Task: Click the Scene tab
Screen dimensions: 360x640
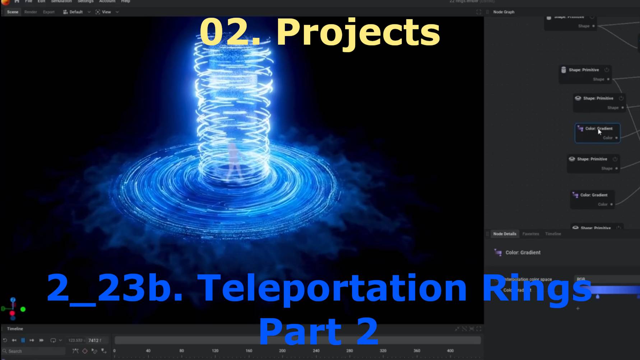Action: (x=13, y=12)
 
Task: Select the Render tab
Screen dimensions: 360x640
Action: (x=31, y=12)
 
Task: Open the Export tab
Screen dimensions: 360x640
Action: (x=48, y=12)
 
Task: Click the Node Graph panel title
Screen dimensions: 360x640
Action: (x=504, y=12)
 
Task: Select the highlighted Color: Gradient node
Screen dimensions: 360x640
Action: (x=598, y=133)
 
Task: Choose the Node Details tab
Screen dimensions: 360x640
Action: (x=505, y=234)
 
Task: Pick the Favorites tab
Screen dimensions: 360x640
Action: (x=530, y=234)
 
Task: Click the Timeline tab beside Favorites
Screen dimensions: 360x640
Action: (x=553, y=234)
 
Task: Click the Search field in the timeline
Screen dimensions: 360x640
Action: (x=34, y=351)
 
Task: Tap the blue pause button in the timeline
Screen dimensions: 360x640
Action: (x=23, y=340)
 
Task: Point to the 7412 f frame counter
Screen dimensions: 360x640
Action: (x=94, y=340)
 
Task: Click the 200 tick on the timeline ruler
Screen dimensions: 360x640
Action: (x=282, y=351)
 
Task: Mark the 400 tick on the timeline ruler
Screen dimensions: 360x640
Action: (x=450, y=351)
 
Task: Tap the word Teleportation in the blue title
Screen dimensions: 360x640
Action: (x=332, y=288)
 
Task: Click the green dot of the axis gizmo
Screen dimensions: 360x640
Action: (x=23, y=309)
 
